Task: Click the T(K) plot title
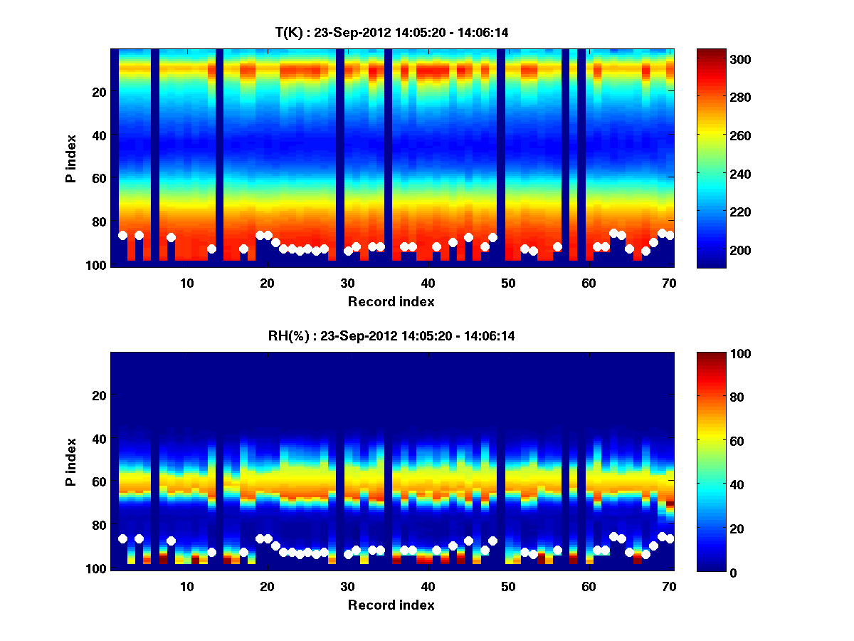tap(391, 32)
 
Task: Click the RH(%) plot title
tap(391, 336)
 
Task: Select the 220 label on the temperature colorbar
tap(714, 212)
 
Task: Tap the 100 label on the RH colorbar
tap(714, 354)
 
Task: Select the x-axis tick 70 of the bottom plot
tap(669, 586)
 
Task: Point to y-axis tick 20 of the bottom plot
tap(98, 395)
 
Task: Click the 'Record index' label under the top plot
tap(391, 301)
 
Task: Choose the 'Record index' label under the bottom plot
tap(391, 605)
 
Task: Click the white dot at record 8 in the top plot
tap(171, 237)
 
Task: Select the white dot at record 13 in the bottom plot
tap(211, 552)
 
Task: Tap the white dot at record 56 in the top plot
tap(557, 246)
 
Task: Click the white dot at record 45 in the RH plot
tap(468, 541)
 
